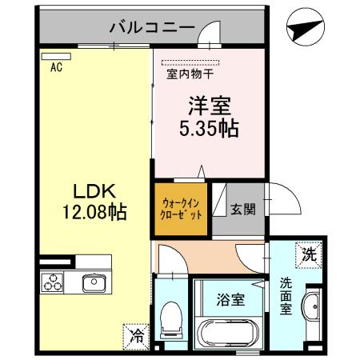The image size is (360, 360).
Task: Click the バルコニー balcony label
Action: pos(152,28)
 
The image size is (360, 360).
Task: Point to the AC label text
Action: pos(56,69)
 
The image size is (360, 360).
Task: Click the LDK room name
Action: pos(95,192)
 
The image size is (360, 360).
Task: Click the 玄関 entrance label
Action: pos(243,210)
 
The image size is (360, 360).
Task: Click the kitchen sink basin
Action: pos(93,282)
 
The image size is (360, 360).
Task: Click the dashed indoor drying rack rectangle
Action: pos(189,62)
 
